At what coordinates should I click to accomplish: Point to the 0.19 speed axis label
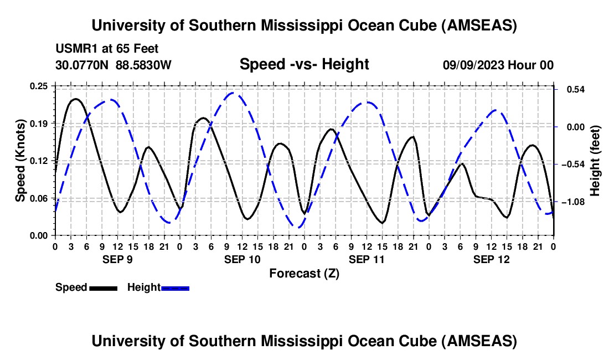[39, 123]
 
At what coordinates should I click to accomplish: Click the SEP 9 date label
[117, 259]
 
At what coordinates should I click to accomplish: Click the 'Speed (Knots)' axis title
[20, 161]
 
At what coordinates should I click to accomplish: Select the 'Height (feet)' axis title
[595, 161]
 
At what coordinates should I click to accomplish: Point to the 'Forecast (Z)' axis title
[304, 273]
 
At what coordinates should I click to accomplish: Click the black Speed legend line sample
[103, 288]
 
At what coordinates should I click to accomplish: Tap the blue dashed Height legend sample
[175, 288]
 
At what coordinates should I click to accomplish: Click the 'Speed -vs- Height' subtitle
[304, 64]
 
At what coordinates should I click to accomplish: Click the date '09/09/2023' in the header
[474, 65]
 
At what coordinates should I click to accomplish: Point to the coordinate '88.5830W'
[143, 65]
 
